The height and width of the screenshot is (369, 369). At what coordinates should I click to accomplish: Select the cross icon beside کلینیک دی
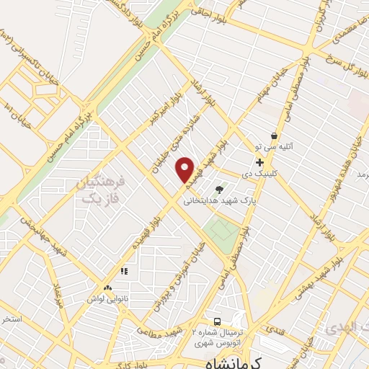pyautogui.click(x=259, y=162)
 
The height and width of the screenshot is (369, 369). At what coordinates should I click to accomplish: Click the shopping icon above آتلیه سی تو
pyautogui.click(x=274, y=135)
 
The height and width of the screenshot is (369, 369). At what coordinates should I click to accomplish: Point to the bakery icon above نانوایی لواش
pyautogui.click(x=107, y=288)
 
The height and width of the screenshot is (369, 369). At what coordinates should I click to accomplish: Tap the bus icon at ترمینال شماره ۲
pyautogui.click(x=217, y=321)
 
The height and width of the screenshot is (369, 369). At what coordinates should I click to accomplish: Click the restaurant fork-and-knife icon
pyautogui.click(x=124, y=272)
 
